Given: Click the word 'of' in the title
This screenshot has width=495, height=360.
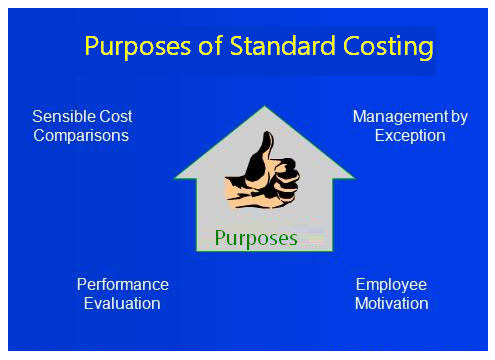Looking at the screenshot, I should tap(204, 47).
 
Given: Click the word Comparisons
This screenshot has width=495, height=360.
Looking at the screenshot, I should tap(81, 136).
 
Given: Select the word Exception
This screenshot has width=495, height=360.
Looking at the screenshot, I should tap(410, 136).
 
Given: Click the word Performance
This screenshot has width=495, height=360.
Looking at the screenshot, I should tap(123, 285).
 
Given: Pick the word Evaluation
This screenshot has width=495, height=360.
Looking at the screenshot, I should tap(123, 303).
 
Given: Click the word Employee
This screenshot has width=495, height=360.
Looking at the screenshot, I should tap(391, 285).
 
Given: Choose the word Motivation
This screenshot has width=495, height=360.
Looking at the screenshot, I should tap(391, 303).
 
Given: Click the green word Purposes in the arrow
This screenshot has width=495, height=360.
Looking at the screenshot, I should tap(256, 238).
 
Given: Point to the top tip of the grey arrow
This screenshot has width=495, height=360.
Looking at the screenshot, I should tap(264, 109).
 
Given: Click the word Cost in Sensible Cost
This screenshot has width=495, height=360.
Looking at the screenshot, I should tap(115, 117).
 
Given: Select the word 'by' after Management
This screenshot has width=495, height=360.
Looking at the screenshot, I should tap(458, 117).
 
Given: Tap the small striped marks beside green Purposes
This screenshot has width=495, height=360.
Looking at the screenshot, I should tap(314, 234).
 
